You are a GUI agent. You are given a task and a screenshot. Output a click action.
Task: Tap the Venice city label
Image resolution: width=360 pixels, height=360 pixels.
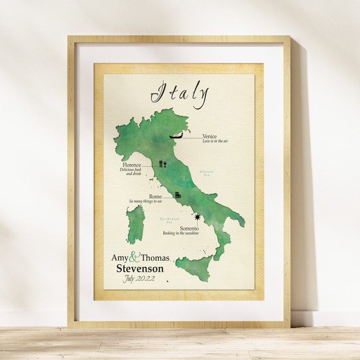[210, 136]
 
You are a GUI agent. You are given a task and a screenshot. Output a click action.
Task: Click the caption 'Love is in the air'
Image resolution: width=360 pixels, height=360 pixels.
[215, 142]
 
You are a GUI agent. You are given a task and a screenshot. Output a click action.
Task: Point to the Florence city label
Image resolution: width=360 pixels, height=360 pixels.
[130, 165]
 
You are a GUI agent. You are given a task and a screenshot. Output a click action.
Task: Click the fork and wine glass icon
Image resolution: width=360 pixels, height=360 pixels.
[162, 164]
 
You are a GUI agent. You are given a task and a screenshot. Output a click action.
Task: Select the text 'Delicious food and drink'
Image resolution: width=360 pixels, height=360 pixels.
[130, 172]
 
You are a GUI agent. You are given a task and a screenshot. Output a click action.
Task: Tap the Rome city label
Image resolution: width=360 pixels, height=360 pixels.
[155, 197]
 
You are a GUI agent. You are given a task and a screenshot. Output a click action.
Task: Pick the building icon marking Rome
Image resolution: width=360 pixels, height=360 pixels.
[178, 195]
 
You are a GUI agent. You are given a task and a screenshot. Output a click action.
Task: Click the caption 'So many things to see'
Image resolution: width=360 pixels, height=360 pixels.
[145, 202]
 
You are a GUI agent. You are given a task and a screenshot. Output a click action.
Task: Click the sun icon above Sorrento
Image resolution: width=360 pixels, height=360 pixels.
[197, 217]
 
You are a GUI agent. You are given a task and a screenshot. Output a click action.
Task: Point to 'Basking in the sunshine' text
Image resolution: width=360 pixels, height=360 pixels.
[181, 234]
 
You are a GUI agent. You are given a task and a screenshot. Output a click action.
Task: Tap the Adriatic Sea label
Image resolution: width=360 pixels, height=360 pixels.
[207, 173]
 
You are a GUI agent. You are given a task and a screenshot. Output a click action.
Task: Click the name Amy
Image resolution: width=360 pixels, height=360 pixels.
[120, 258]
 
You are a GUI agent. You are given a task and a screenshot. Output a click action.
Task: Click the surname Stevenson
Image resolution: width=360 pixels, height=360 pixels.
[140, 269]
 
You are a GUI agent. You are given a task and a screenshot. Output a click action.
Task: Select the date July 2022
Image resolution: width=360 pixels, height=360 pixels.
[139, 279]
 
